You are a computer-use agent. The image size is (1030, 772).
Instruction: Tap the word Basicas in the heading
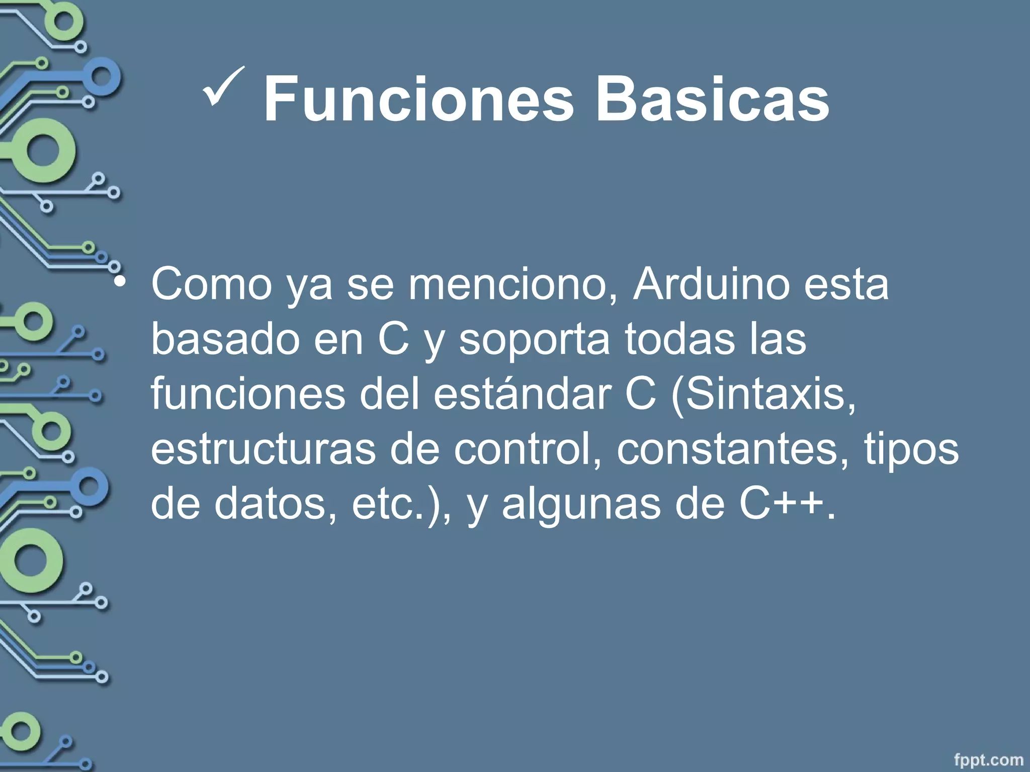tap(712, 99)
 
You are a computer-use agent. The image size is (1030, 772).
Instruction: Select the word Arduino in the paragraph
tap(710, 284)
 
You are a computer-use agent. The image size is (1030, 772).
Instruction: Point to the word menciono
tap(508, 284)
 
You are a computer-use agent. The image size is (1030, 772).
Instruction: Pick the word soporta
tap(534, 339)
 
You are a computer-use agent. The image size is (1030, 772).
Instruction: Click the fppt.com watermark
tap(988, 759)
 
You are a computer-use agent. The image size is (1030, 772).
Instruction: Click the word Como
tap(212, 284)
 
